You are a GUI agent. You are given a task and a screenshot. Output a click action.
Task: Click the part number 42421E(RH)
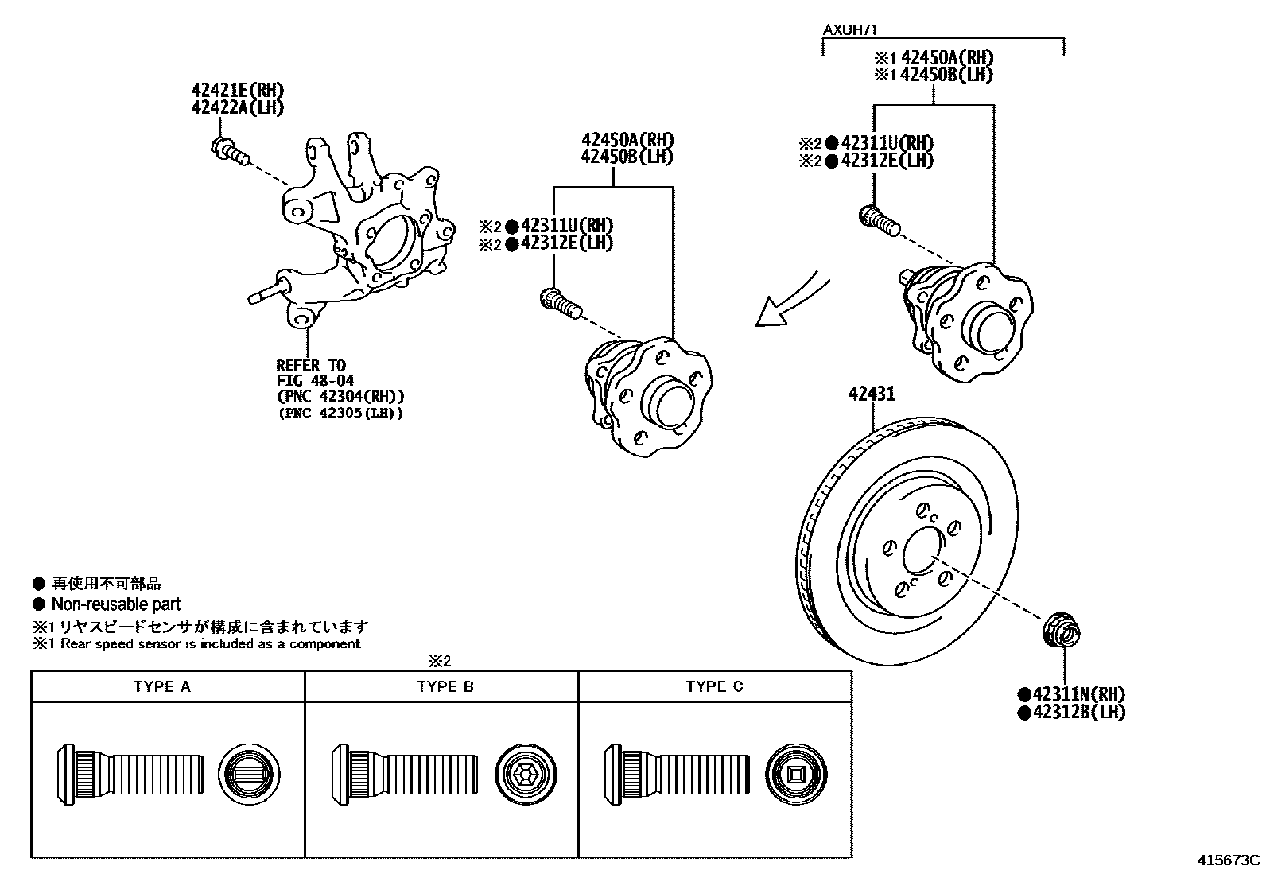point(237,90)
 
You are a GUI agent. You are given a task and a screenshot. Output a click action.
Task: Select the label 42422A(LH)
point(237,107)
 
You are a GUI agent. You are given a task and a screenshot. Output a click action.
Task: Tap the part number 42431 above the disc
point(871,394)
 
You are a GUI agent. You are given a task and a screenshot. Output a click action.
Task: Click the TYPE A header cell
point(162,687)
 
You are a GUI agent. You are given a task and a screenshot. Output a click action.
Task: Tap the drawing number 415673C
point(1229,860)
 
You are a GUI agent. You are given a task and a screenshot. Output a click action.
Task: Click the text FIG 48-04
point(315,381)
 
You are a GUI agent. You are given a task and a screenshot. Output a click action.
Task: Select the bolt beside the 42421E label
point(228,150)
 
